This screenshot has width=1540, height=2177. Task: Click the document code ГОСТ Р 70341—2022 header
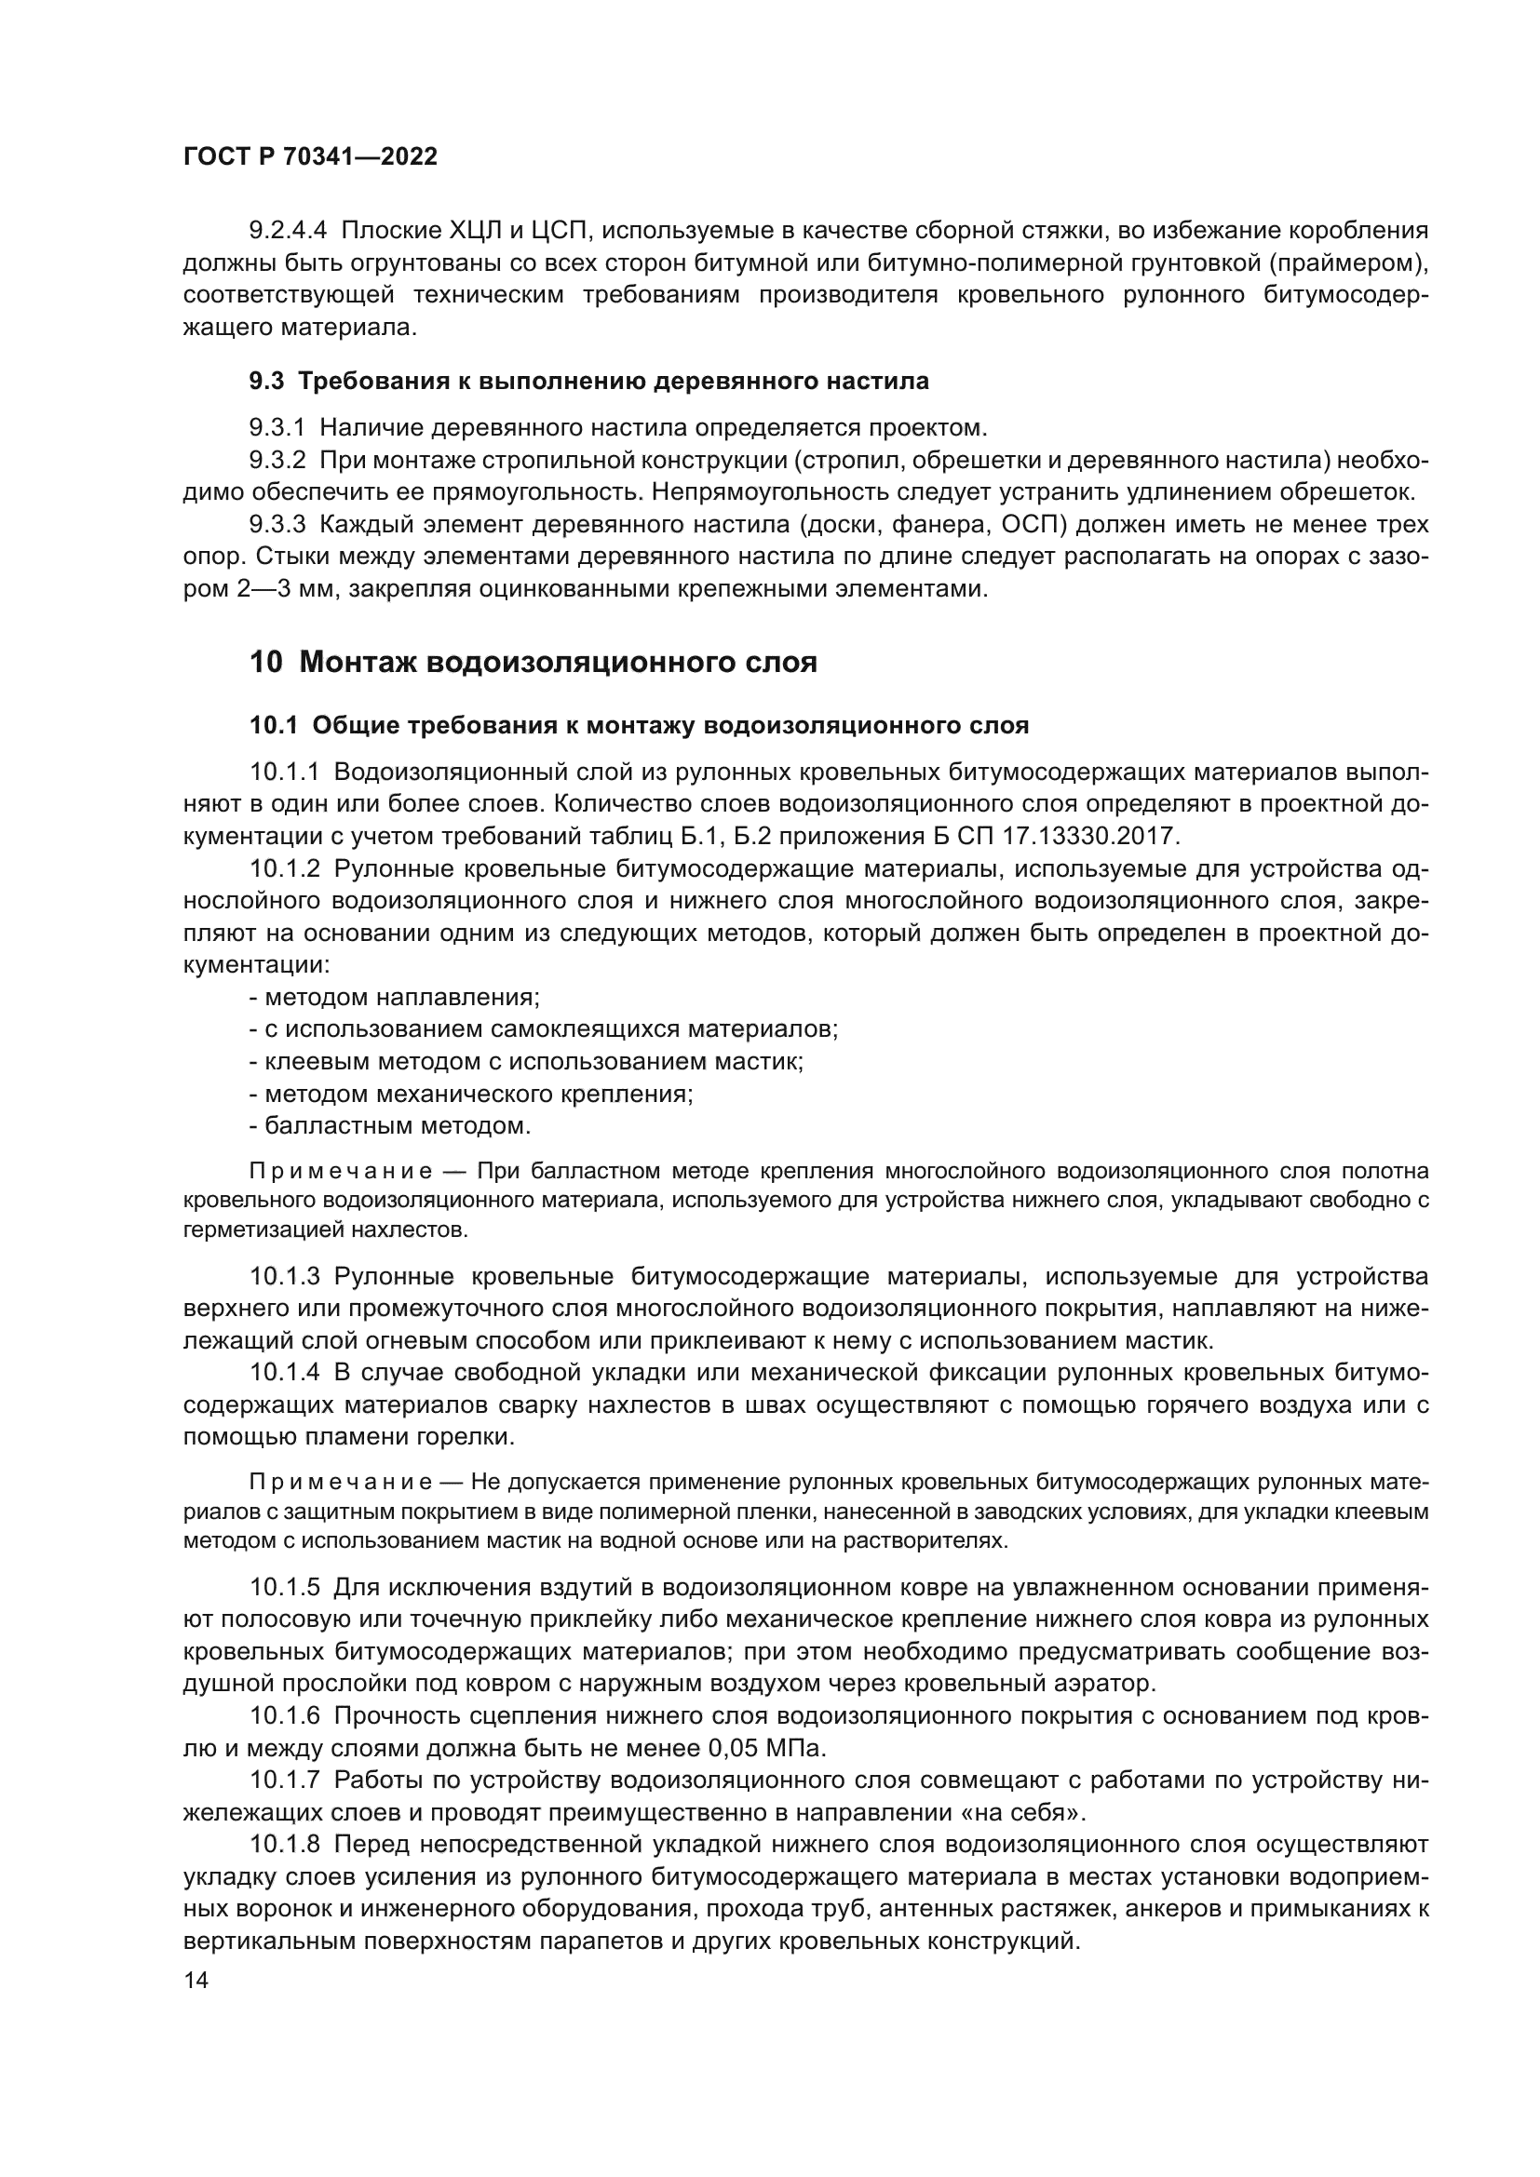tap(310, 157)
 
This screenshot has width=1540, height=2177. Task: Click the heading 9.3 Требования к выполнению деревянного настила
tap(588, 382)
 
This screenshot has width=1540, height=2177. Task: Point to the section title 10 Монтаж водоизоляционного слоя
tap(533, 662)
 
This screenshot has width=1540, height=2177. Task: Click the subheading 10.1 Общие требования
tap(638, 726)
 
